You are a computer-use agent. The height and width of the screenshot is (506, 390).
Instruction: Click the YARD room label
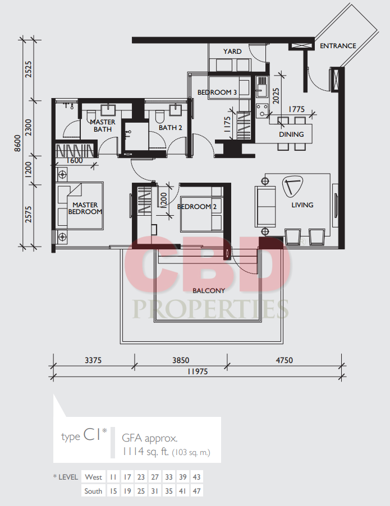point(232,52)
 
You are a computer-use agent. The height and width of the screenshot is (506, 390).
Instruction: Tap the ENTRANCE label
point(338,46)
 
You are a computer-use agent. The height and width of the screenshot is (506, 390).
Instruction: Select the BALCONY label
point(209,290)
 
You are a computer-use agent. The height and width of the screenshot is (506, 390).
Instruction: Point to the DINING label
point(291,134)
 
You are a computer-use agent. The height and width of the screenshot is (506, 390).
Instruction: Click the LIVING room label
point(302,205)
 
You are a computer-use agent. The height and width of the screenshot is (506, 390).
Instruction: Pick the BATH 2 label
point(170,128)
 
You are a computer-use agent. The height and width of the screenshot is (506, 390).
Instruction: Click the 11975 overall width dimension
point(198,372)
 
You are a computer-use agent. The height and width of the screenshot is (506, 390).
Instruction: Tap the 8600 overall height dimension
point(17,143)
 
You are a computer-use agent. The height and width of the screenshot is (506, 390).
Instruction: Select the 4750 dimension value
point(285,360)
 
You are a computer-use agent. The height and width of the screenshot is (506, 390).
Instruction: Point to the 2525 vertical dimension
point(29,69)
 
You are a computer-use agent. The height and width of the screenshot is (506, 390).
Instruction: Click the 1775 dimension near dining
point(297,109)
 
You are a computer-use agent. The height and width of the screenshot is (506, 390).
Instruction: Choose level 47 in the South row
point(196,491)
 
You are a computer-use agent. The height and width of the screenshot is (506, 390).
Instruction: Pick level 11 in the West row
point(113,477)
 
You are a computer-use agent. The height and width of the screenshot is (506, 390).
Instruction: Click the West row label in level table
point(93,477)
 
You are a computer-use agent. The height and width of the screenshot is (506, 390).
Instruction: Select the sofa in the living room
point(265,207)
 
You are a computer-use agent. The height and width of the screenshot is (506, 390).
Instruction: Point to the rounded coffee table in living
point(293,186)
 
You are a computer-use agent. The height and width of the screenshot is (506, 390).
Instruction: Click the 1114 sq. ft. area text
point(146,451)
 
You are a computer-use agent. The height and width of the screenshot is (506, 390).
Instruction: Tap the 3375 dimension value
point(93,360)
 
